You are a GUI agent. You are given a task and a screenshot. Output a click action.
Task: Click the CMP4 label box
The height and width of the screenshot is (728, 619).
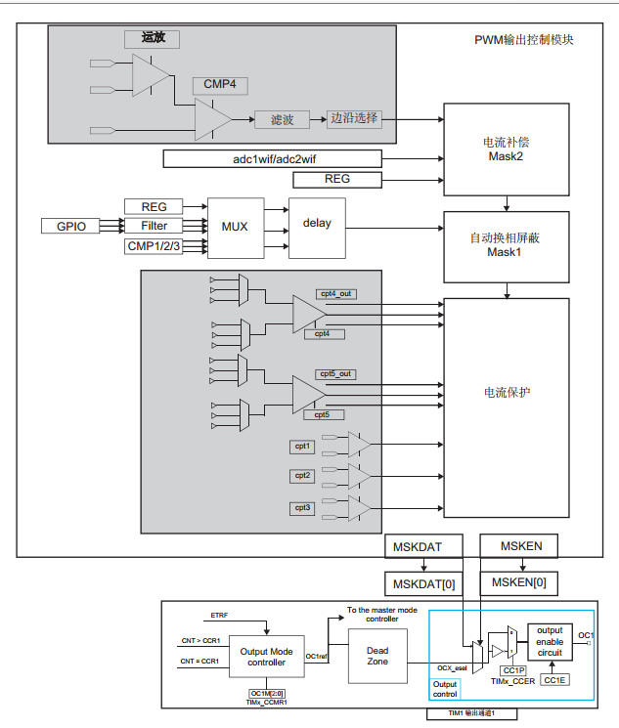[219, 84]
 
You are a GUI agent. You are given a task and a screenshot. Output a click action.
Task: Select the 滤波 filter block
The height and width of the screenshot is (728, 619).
[283, 119]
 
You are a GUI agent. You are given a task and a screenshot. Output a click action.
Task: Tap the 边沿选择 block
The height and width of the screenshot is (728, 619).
[354, 118]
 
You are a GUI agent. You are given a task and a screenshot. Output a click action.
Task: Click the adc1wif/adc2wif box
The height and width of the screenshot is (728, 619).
[270, 158]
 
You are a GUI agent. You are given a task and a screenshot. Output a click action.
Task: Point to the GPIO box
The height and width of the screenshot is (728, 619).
[70, 226]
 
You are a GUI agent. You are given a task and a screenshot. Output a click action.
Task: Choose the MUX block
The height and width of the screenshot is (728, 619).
[235, 227]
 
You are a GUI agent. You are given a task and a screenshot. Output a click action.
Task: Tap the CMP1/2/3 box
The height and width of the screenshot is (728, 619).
[154, 245]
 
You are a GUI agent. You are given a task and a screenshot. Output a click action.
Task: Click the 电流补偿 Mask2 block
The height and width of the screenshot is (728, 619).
[506, 149]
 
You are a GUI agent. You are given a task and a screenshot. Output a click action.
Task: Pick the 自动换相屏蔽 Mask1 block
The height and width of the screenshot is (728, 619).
[506, 245]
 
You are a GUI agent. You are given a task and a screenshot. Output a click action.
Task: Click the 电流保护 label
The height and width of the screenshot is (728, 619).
[506, 393]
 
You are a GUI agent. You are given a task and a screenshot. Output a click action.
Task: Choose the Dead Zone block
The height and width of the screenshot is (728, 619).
[377, 655]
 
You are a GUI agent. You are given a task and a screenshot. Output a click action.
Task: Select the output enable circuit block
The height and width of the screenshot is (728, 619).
[550, 642]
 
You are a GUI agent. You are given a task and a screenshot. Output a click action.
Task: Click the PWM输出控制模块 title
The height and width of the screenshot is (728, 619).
[523, 41]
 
